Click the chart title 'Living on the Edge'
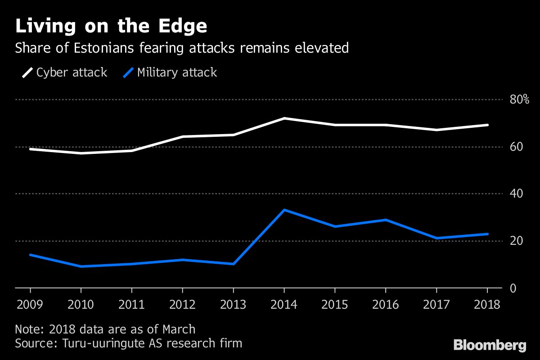click(x=111, y=26)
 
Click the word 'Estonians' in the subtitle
click(x=103, y=48)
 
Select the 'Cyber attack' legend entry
click(x=65, y=72)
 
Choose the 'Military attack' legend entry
click(x=170, y=72)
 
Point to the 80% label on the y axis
click(x=519, y=99)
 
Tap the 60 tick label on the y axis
click(x=516, y=147)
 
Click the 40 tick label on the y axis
click(x=516, y=193)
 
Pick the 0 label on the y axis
click(x=513, y=288)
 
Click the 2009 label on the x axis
click(x=30, y=305)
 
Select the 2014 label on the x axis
click(x=284, y=305)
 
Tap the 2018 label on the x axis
click(x=487, y=305)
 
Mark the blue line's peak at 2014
click(x=284, y=210)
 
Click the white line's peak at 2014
click(x=284, y=118)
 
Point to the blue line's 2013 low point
click(x=234, y=264)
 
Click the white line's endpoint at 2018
click(x=487, y=125)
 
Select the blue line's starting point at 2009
click(x=31, y=255)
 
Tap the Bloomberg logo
click(x=490, y=346)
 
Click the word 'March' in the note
click(x=179, y=329)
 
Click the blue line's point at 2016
click(x=386, y=220)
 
